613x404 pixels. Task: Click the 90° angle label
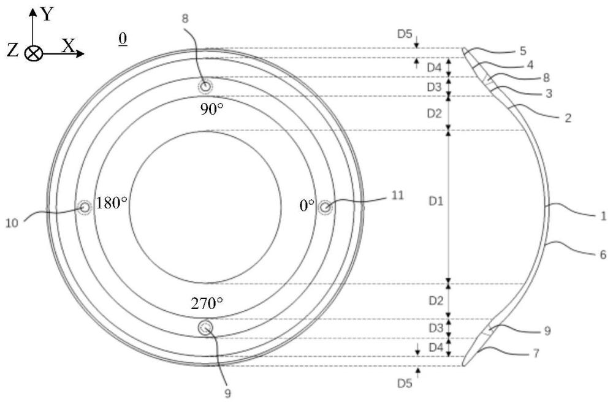pyautogui.click(x=212, y=109)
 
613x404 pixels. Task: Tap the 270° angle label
pyautogui.click(x=207, y=303)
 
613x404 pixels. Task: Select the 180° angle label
pyautogui.click(x=112, y=203)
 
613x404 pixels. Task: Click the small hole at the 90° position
pyautogui.click(x=205, y=86)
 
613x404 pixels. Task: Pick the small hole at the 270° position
pyautogui.click(x=205, y=327)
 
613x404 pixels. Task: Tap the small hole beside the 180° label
pyautogui.click(x=84, y=207)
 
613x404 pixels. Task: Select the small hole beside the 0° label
pyautogui.click(x=325, y=207)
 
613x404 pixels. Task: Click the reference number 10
pyautogui.click(x=12, y=223)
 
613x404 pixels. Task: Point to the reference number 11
pyautogui.click(x=398, y=195)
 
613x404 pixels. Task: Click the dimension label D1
pyautogui.click(x=436, y=202)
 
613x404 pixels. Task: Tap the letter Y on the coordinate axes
pyautogui.click(x=47, y=15)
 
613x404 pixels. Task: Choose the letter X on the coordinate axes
pyautogui.click(x=69, y=46)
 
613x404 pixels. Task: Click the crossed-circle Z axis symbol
pyautogui.click(x=33, y=53)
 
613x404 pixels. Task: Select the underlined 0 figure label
pyautogui.click(x=123, y=39)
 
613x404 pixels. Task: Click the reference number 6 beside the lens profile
pyautogui.click(x=603, y=254)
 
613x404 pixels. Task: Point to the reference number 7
pyautogui.click(x=536, y=354)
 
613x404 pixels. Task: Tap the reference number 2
pyautogui.click(x=568, y=118)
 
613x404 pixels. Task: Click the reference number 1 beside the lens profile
pyautogui.click(x=603, y=216)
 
